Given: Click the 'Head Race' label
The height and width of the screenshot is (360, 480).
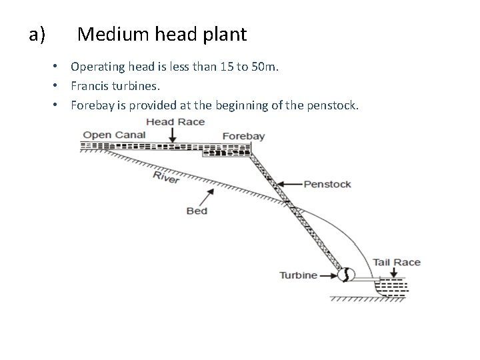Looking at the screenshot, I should point(175,123).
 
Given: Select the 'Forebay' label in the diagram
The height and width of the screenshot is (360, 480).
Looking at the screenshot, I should point(243,136).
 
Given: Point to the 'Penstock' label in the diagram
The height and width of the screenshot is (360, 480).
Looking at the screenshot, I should point(327,184).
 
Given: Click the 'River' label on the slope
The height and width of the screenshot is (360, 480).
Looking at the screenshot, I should point(166,177).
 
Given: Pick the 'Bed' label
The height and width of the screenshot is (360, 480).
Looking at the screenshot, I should point(197,211).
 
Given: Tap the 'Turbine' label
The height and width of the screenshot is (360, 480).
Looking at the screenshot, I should point(298,275).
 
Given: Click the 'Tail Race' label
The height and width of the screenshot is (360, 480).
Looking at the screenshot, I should point(397,262).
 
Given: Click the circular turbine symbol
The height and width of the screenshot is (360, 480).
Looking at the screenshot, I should point(346,274).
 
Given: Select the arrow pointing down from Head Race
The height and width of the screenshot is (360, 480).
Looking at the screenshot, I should point(173,135).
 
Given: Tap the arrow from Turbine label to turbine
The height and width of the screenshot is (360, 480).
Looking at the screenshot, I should point(329,275).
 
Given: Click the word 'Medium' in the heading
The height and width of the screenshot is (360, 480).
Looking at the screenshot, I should point(109,33).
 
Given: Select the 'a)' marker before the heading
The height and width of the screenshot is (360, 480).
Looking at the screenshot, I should point(37,34).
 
